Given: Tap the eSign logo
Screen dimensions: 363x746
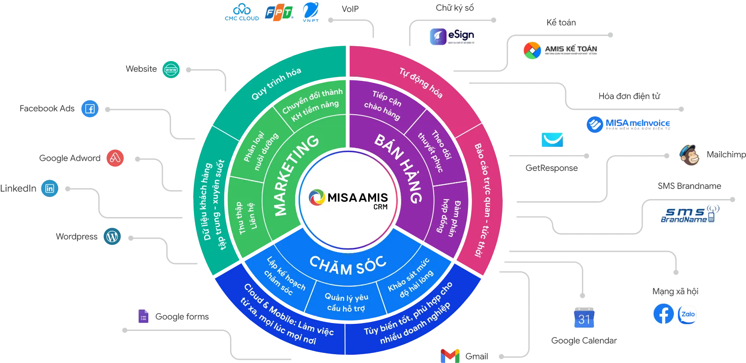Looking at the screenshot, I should click(x=452, y=36).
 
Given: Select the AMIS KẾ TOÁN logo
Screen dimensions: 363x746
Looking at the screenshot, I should click(x=561, y=49).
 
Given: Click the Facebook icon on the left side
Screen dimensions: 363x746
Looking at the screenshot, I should click(x=90, y=109).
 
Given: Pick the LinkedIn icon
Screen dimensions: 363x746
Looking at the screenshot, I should click(x=50, y=188).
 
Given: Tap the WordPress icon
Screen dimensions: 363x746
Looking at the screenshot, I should click(x=112, y=236).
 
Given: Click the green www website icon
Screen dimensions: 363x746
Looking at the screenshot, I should click(x=171, y=69).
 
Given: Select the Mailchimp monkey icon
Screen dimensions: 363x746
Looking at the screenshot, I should click(x=689, y=155).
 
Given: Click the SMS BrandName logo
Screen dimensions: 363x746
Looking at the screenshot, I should click(x=690, y=213).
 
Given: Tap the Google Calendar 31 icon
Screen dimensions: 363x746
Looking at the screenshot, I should click(x=584, y=317).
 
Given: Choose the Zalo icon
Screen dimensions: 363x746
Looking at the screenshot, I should click(x=687, y=314).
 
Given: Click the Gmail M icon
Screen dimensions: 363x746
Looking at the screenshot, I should click(x=450, y=356).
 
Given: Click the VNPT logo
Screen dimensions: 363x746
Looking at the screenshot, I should click(x=310, y=12).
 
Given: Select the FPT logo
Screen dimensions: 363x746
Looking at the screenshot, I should click(x=279, y=13).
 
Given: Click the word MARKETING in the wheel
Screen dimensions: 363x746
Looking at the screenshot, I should click(x=294, y=176).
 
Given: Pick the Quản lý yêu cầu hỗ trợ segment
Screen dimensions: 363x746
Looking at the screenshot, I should click(x=346, y=302).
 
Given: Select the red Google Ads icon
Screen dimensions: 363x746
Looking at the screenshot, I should click(x=115, y=157).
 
